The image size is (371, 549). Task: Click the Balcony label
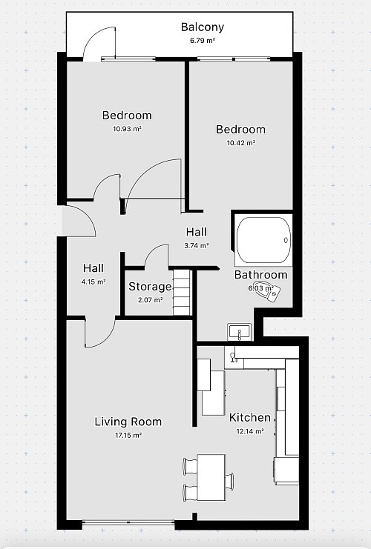click(203, 27)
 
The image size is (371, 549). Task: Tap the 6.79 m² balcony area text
click(203, 40)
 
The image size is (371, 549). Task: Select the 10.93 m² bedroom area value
click(127, 128)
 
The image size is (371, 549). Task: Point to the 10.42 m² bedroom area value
click(241, 142)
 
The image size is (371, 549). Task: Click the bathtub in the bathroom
click(263, 240)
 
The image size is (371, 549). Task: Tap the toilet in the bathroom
click(269, 293)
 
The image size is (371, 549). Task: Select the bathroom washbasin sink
click(239, 332)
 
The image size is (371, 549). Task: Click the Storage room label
click(150, 287)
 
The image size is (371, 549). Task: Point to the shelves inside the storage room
click(182, 292)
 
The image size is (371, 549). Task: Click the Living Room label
click(128, 422)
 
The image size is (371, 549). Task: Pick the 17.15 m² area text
click(128, 435)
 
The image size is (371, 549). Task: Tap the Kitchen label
click(249, 417)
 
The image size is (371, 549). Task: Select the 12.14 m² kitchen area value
click(250, 431)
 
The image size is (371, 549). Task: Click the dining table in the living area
click(211, 477)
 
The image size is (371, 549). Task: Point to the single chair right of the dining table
click(229, 481)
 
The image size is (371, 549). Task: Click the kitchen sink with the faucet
click(233, 357)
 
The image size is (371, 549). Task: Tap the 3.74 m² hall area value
click(197, 245)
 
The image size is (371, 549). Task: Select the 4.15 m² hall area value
click(93, 281)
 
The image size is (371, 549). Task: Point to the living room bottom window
click(128, 523)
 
